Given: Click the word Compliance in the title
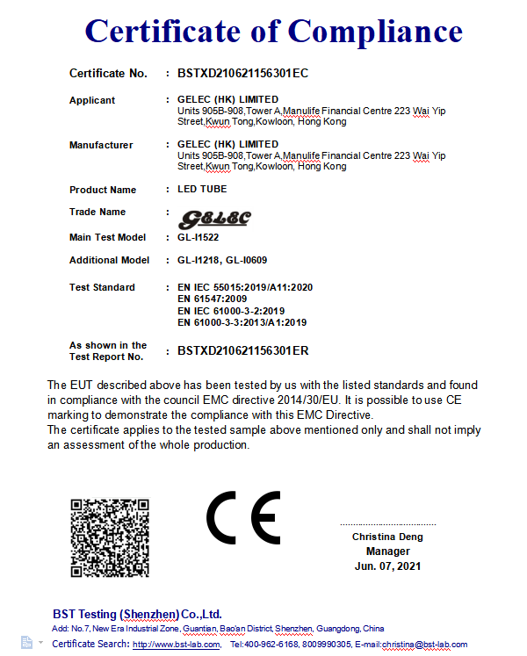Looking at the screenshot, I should coord(375,32).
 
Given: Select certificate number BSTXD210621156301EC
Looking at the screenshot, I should coord(242,73).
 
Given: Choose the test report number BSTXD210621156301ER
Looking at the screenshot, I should coord(242,351).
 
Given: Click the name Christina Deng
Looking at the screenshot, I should coord(387,537).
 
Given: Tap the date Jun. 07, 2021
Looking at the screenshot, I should coord(387,566).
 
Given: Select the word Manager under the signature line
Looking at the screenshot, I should coord(387,551).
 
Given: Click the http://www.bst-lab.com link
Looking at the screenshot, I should coord(176,645).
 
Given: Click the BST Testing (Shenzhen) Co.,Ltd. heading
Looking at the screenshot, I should coord(137,614).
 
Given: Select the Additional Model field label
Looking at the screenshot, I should coord(110,260).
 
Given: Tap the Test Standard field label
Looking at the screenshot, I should coord(102,287).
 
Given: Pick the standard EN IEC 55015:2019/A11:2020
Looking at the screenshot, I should coord(245,287).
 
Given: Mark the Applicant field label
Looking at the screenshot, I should coord(92,100).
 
